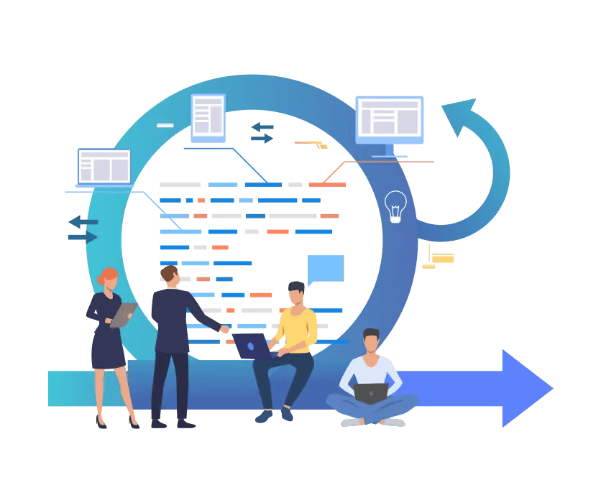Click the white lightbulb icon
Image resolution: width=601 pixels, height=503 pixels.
(395, 206)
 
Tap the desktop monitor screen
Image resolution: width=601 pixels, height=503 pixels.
(389, 119)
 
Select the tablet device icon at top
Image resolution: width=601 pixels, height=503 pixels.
(208, 117)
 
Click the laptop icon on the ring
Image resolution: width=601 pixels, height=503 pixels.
(104, 167)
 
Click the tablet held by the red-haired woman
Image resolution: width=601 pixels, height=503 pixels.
(123, 315)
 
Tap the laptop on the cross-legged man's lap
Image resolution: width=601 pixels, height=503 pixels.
(371, 393)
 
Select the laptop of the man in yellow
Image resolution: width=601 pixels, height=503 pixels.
(251, 346)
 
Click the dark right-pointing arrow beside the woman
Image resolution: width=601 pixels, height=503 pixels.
(83, 237)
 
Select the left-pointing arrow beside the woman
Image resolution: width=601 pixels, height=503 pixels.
(83, 222)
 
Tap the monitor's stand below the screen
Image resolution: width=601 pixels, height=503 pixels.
(390, 151)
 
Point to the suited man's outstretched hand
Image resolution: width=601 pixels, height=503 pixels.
(225, 329)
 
